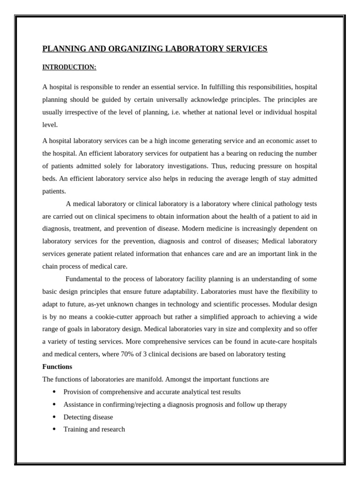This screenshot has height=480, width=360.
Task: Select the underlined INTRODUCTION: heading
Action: (x=69, y=67)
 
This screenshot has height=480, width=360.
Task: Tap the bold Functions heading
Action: (x=57, y=367)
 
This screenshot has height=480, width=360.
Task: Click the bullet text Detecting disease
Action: (x=88, y=417)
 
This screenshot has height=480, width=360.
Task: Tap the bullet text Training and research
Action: (x=94, y=429)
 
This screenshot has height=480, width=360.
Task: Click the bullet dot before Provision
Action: (x=54, y=392)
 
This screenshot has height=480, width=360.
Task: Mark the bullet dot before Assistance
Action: (x=54, y=404)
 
